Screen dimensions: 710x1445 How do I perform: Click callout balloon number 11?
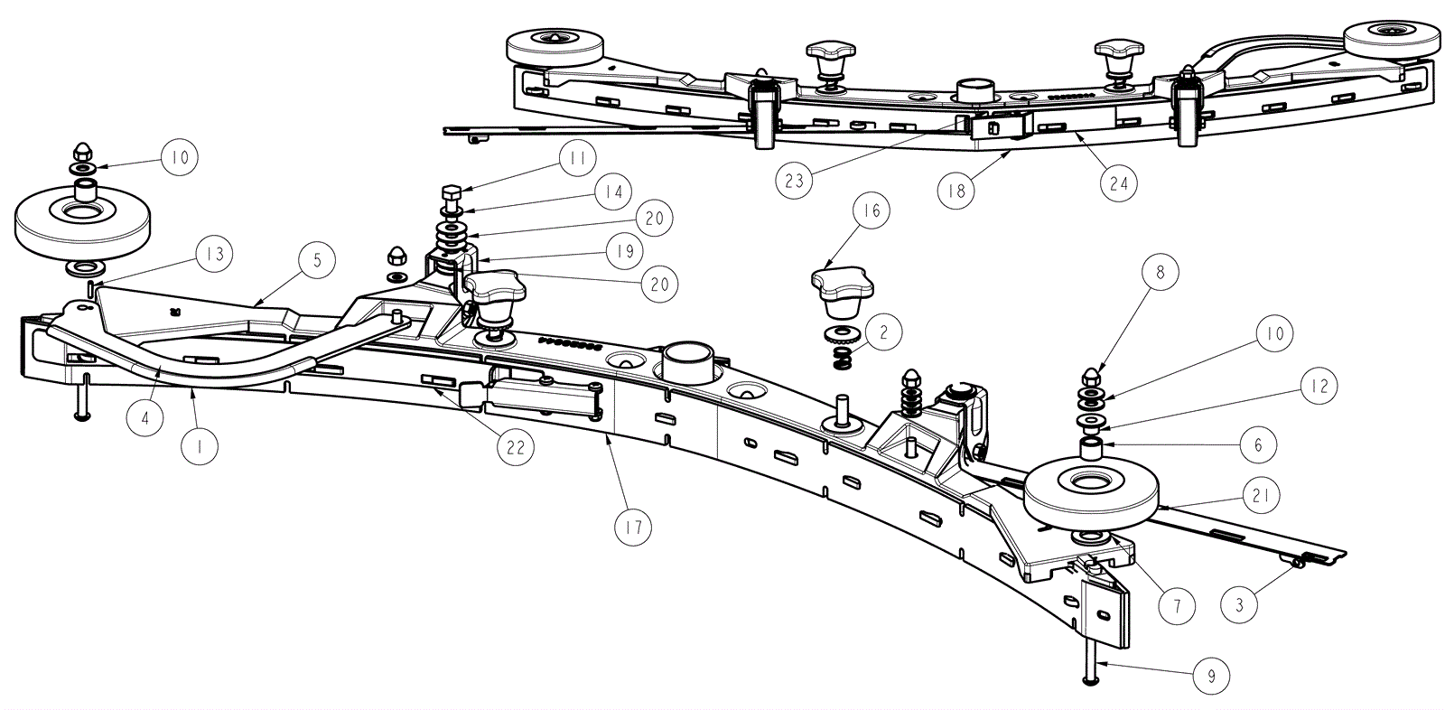pyautogui.click(x=577, y=161)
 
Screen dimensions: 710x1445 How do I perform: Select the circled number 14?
pyautogui.click(x=613, y=192)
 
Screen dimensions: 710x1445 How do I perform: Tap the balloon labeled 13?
pyautogui.click(x=213, y=255)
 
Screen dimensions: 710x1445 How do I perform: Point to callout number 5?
pyautogui.click(x=317, y=261)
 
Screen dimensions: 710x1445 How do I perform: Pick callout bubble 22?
pyautogui.click(x=516, y=446)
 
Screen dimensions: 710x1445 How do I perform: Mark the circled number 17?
pyautogui.click(x=632, y=527)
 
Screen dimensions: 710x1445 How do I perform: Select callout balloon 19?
pyautogui.click(x=625, y=251)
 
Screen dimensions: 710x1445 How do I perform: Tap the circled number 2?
pyautogui.click(x=883, y=332)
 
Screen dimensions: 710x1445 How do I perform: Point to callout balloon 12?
pyautogui.click(x=1319, y=386)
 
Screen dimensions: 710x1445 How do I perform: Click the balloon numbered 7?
pyautogui.click(x=1177, y=606)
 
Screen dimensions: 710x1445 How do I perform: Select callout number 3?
pyautogui.click(x=1239, y=604)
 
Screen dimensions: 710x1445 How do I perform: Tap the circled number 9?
pyautogui.click(x=1211, y=676)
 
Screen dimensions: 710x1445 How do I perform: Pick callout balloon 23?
pyautogui.click(x=794, y=181)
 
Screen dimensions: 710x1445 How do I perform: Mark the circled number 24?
pyautogui.click(x=1119, y=183)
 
